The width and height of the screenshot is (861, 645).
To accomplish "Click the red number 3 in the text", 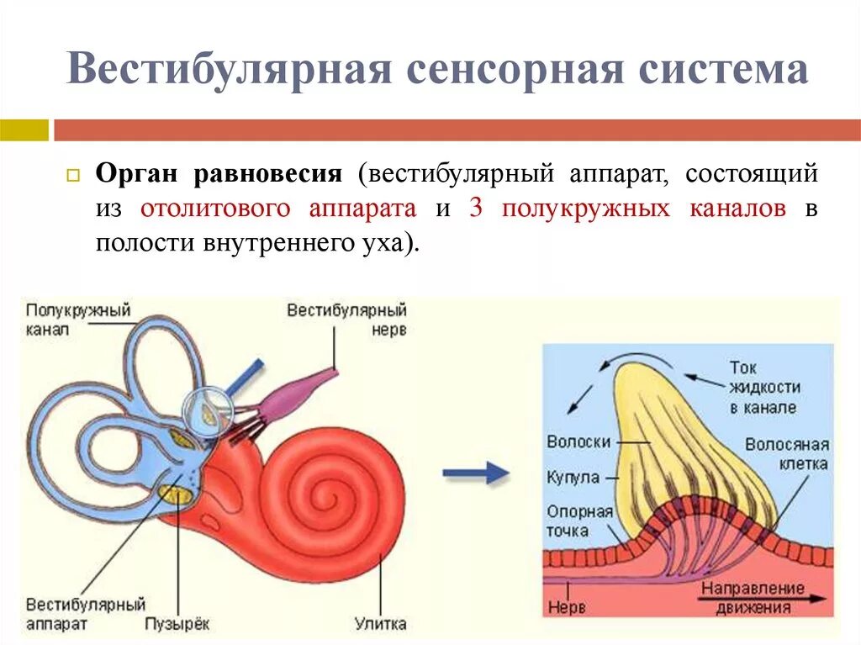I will click(476, 209).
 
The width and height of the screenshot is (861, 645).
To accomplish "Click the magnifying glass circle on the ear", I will click(206, 409).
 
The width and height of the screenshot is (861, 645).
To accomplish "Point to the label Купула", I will click(573, 477).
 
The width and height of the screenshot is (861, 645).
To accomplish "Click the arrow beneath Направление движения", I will click(761, 599).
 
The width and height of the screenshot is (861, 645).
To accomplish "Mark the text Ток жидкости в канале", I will click(763, 388).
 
